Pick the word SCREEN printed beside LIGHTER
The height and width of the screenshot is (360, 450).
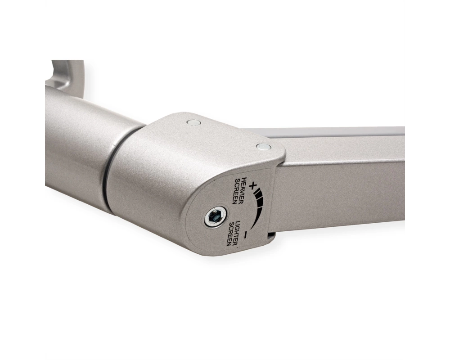230,234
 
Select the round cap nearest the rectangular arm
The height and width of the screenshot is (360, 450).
263,147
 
